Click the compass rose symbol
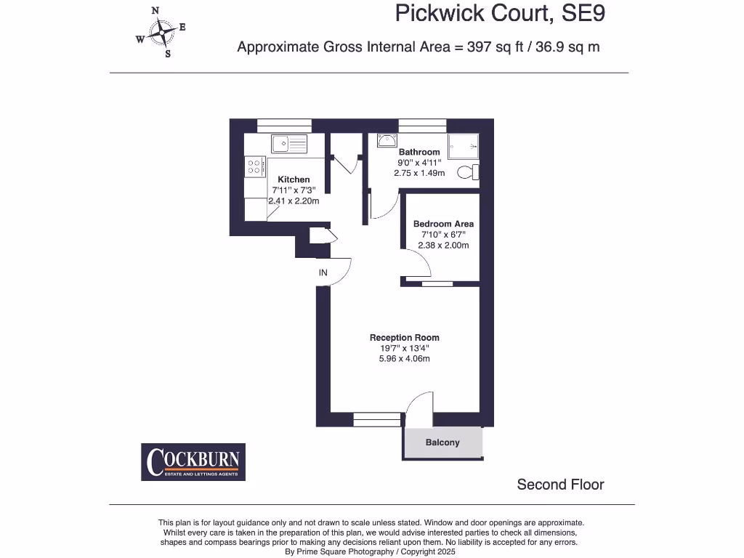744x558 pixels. click(x=160, y=32)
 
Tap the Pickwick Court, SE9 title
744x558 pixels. click(x=500, y=14)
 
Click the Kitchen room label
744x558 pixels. click(x=294, y=179)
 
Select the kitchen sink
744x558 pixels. click(x=289, y=144)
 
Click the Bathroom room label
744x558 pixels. click(x=418, y=152)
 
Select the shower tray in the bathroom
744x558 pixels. click(x=464, y=146)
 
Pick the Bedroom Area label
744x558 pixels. click(x=443, y=224)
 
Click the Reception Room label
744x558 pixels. click(x=404, y=337)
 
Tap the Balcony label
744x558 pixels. click(x=442, y=442)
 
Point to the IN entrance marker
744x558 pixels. click(x=323, y=273)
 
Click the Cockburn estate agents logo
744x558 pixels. click(x=193, y=462)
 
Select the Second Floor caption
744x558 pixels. click(x=560, y=485)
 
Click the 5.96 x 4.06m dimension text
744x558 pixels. click(x=404, y=359)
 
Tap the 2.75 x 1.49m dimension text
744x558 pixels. click(x=418, y=174)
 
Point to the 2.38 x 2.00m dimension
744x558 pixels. click(x=443, y=246)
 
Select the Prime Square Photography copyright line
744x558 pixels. click(x=371, y=552)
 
